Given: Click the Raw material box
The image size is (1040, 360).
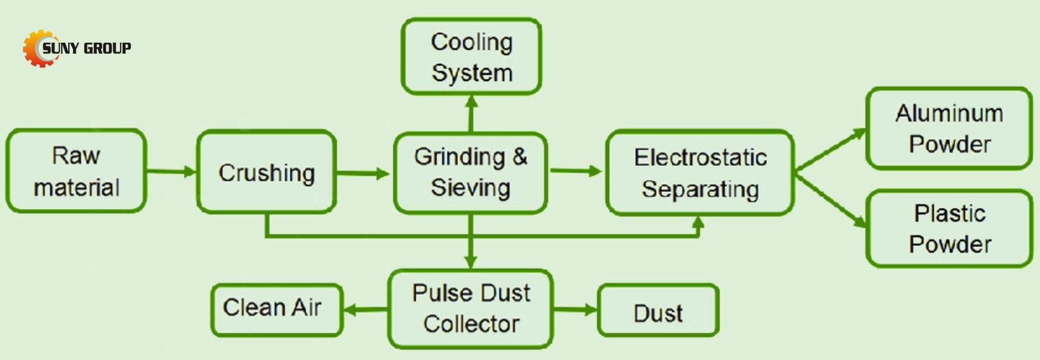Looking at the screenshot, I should [x=76, y=171].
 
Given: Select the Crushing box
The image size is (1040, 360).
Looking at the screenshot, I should [x=266, y=172].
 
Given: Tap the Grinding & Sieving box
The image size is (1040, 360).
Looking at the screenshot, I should [x=470, y=172].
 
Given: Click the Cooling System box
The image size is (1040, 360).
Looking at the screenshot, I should [x=471, y=57].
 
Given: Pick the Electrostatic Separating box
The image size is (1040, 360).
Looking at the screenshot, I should [x=700, y=173].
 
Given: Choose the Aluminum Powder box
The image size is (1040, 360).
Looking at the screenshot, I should [x=949, y=128].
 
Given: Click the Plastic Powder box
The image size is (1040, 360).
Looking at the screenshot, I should [x=949, y=229].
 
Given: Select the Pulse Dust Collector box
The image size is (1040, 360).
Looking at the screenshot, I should [x=471, y=308].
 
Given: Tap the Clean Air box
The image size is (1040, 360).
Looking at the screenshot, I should [x=276, y=309].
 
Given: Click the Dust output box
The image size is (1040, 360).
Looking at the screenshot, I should [x=658, y=311].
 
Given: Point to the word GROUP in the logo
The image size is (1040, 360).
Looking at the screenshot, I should [x=107, y=48].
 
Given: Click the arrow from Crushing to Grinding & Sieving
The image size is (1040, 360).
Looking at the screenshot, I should [x=363, y=173].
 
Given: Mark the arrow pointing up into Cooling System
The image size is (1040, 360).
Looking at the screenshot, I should [x=471, y=113].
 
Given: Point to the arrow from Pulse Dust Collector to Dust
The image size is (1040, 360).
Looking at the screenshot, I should [x=575, y=310].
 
